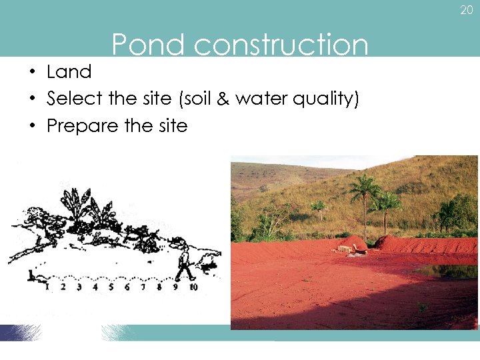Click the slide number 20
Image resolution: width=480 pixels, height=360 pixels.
pyautogui.click(x=466, y=10)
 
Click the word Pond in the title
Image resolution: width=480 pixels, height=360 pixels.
pyautogui.click(x=148, y=45)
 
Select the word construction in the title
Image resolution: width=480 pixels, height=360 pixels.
pyautogui.click(x=281, y=45)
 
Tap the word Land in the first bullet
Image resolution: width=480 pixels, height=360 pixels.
pyautogui.click(x=69, y=71)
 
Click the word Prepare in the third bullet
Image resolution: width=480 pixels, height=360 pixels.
pyautogui.click(x=79, y=126)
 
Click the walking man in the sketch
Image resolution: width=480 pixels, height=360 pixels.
pyautogui.click(x=184, y=263)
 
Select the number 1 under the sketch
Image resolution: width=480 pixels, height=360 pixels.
pyautogui.click(x=47, y=287)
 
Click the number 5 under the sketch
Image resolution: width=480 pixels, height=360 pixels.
pyautogui.click(x=111, y=287)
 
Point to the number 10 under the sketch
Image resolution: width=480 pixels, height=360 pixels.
pyautogui.click(x=193, y=287)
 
